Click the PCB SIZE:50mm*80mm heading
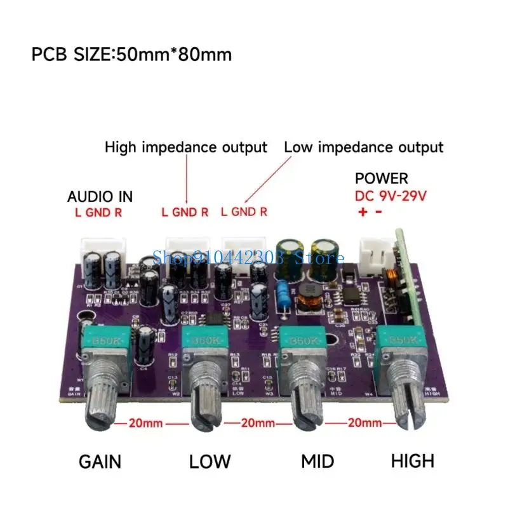[x=131, y=55]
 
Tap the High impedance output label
[x=185, y=147]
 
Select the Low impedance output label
[x=363, y=147]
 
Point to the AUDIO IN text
[x=100, y=197]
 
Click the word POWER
[x=381, y=178]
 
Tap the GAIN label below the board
[x=100, y=461]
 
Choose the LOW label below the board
[x=210, y=461]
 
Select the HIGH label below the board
[x=413, y=461]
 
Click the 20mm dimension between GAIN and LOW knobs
[x=147, y=422]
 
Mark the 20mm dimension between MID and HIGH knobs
[x=365, y=422]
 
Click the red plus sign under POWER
[x=363, y=213]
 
